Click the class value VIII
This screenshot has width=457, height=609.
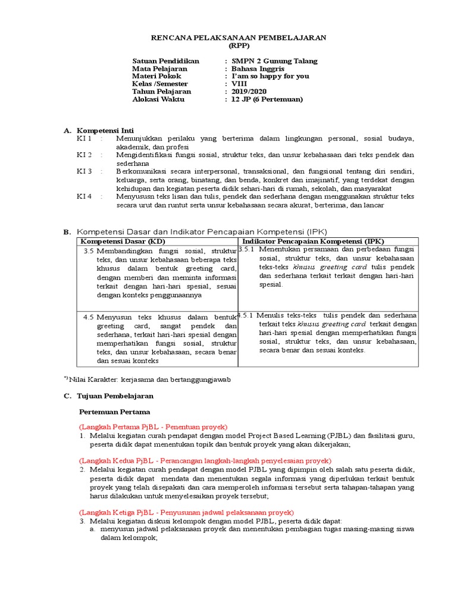239,84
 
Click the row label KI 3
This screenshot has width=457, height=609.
84,171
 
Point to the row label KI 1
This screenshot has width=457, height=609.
84,139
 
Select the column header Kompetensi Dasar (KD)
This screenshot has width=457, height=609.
123,241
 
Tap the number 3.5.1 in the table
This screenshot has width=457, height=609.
247,250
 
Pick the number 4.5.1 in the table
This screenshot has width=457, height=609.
247,315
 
